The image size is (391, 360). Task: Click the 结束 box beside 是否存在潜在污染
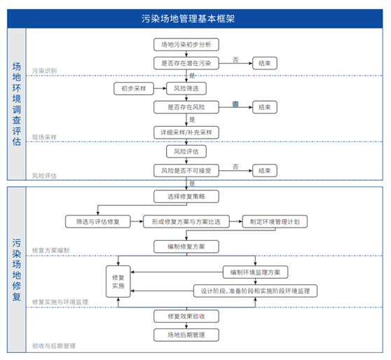[x=265, y=64]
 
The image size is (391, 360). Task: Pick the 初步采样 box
[x=132, y=89]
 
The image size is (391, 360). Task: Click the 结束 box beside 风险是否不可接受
[x=265, y=170]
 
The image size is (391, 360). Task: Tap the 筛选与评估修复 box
[x=98, y=221]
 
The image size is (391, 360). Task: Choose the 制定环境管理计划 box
[x=275, y=221]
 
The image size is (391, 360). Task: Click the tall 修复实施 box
[x=118, y=282]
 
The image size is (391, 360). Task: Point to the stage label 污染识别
[x=45, y=71]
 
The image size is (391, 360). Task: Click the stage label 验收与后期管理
[x=54, y=346]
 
